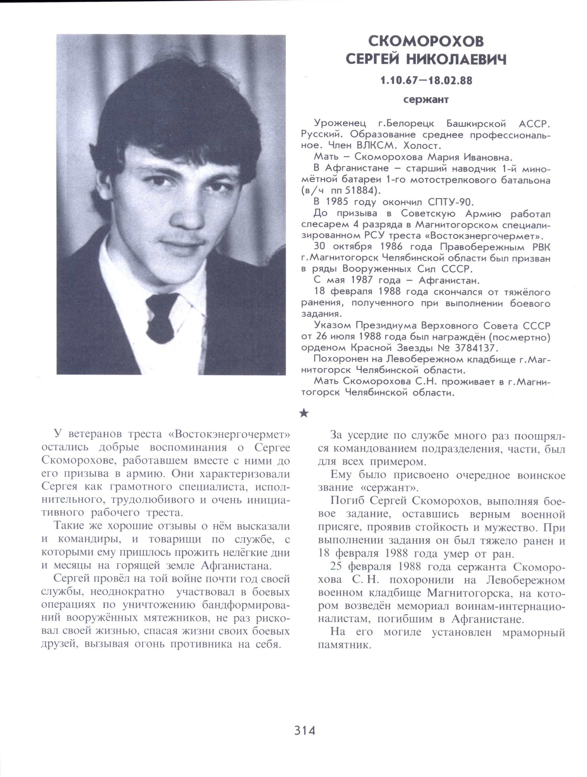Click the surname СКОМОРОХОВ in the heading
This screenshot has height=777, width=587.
tap(426, 41)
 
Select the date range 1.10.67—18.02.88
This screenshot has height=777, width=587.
tap(426, 81)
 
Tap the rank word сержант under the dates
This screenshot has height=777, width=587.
tap(426, 100)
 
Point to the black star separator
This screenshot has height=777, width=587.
tap(304, 413)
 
